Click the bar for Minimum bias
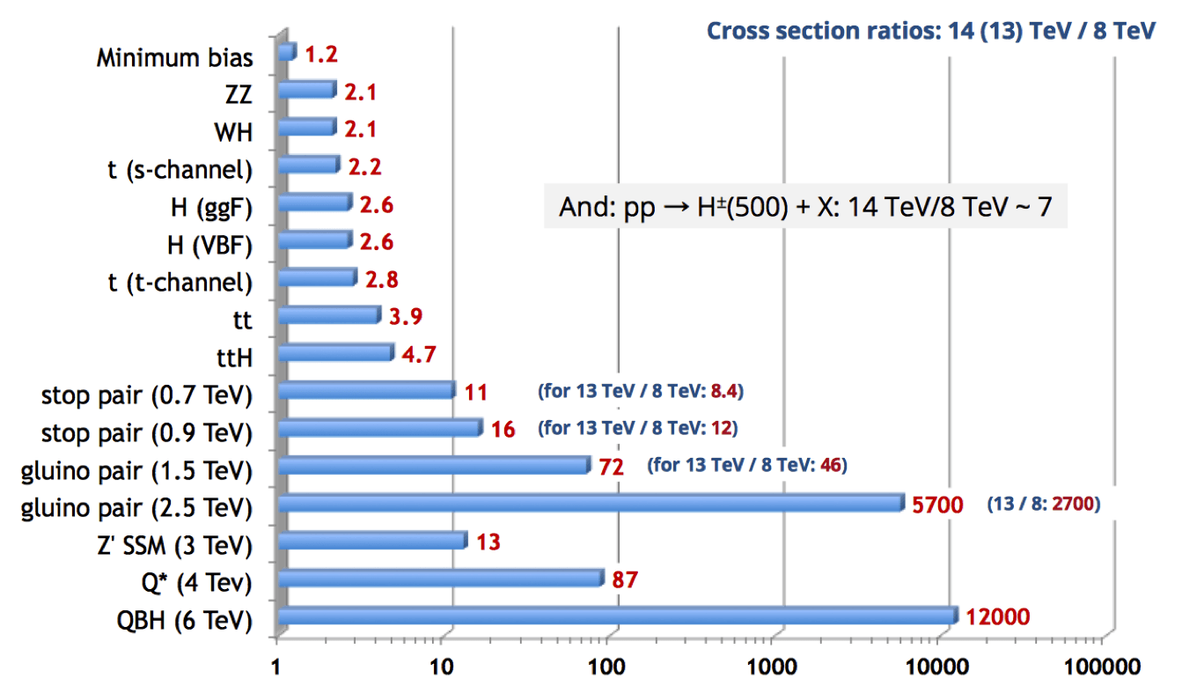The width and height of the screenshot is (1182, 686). (287, 52)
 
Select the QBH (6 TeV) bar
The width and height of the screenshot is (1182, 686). (618, 616)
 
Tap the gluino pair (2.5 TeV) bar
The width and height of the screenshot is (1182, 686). (591, 503)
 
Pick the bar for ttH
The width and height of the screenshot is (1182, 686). (336, 352)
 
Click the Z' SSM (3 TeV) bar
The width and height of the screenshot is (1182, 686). (372, 540)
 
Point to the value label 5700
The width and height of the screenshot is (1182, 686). (937, 505)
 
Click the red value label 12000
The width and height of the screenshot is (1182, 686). (998, 616)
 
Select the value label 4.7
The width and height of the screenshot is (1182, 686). (419, 354)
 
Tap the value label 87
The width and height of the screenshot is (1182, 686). (625, 579)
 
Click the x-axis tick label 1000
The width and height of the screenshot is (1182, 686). (772, 667)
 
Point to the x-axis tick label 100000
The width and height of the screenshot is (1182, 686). (1102, 667)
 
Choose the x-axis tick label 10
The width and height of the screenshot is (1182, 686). (441, 667)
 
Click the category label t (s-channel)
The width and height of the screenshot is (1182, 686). (180, 170)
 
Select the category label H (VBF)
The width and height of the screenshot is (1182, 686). (210, 246)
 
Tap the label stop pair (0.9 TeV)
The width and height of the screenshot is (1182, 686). (147, 433)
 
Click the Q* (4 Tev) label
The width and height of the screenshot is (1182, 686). (197, 583)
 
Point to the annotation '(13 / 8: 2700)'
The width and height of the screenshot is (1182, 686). (1044, 504)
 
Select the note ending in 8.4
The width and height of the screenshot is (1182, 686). (641, 391)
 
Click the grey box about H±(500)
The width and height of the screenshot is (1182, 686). (806, 206)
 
